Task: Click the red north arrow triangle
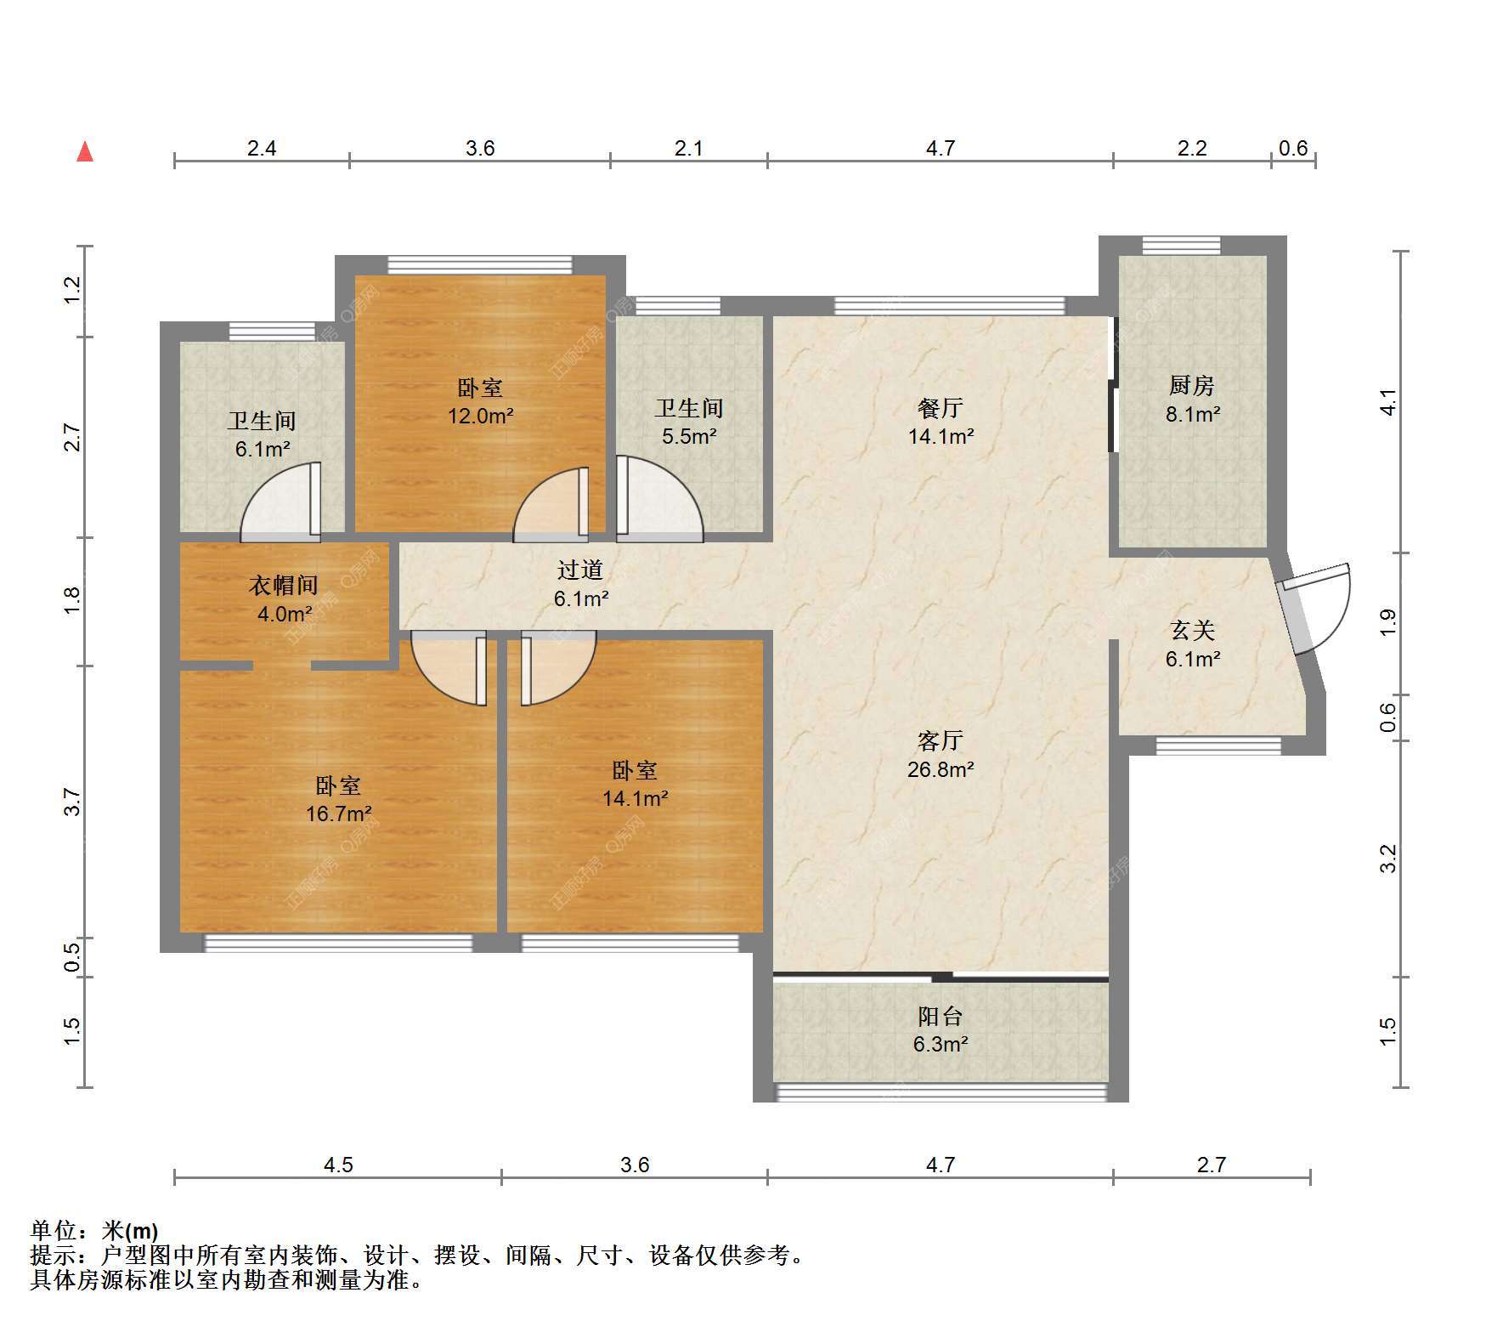(x=85, y=151)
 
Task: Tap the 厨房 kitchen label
(x=1191, y=386)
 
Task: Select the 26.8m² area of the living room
(x=940, y=769)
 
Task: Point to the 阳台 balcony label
(x=940, y=1016)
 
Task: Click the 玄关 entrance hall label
(x=1192, y=631)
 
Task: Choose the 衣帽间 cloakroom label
(x=283, y=585)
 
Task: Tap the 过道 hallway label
(x=580, y=570)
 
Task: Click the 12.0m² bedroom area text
(x=481, y=417)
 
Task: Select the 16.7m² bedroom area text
(x=338, y=814)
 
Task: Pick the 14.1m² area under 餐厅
(x=940, y=437)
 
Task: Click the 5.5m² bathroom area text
(x=688, y=437)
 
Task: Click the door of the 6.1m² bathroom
(x=281, y=502)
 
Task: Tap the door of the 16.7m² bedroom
(x=449, y=668)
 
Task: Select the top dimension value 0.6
(x=1292, y=149)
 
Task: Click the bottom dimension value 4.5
(x=338, y=1165)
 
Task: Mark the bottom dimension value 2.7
(x=1212, y=1165)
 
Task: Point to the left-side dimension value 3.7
(x=73, y=802)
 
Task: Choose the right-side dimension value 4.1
(x=1387, y=401)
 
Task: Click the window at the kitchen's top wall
(x=1181, y=246)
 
